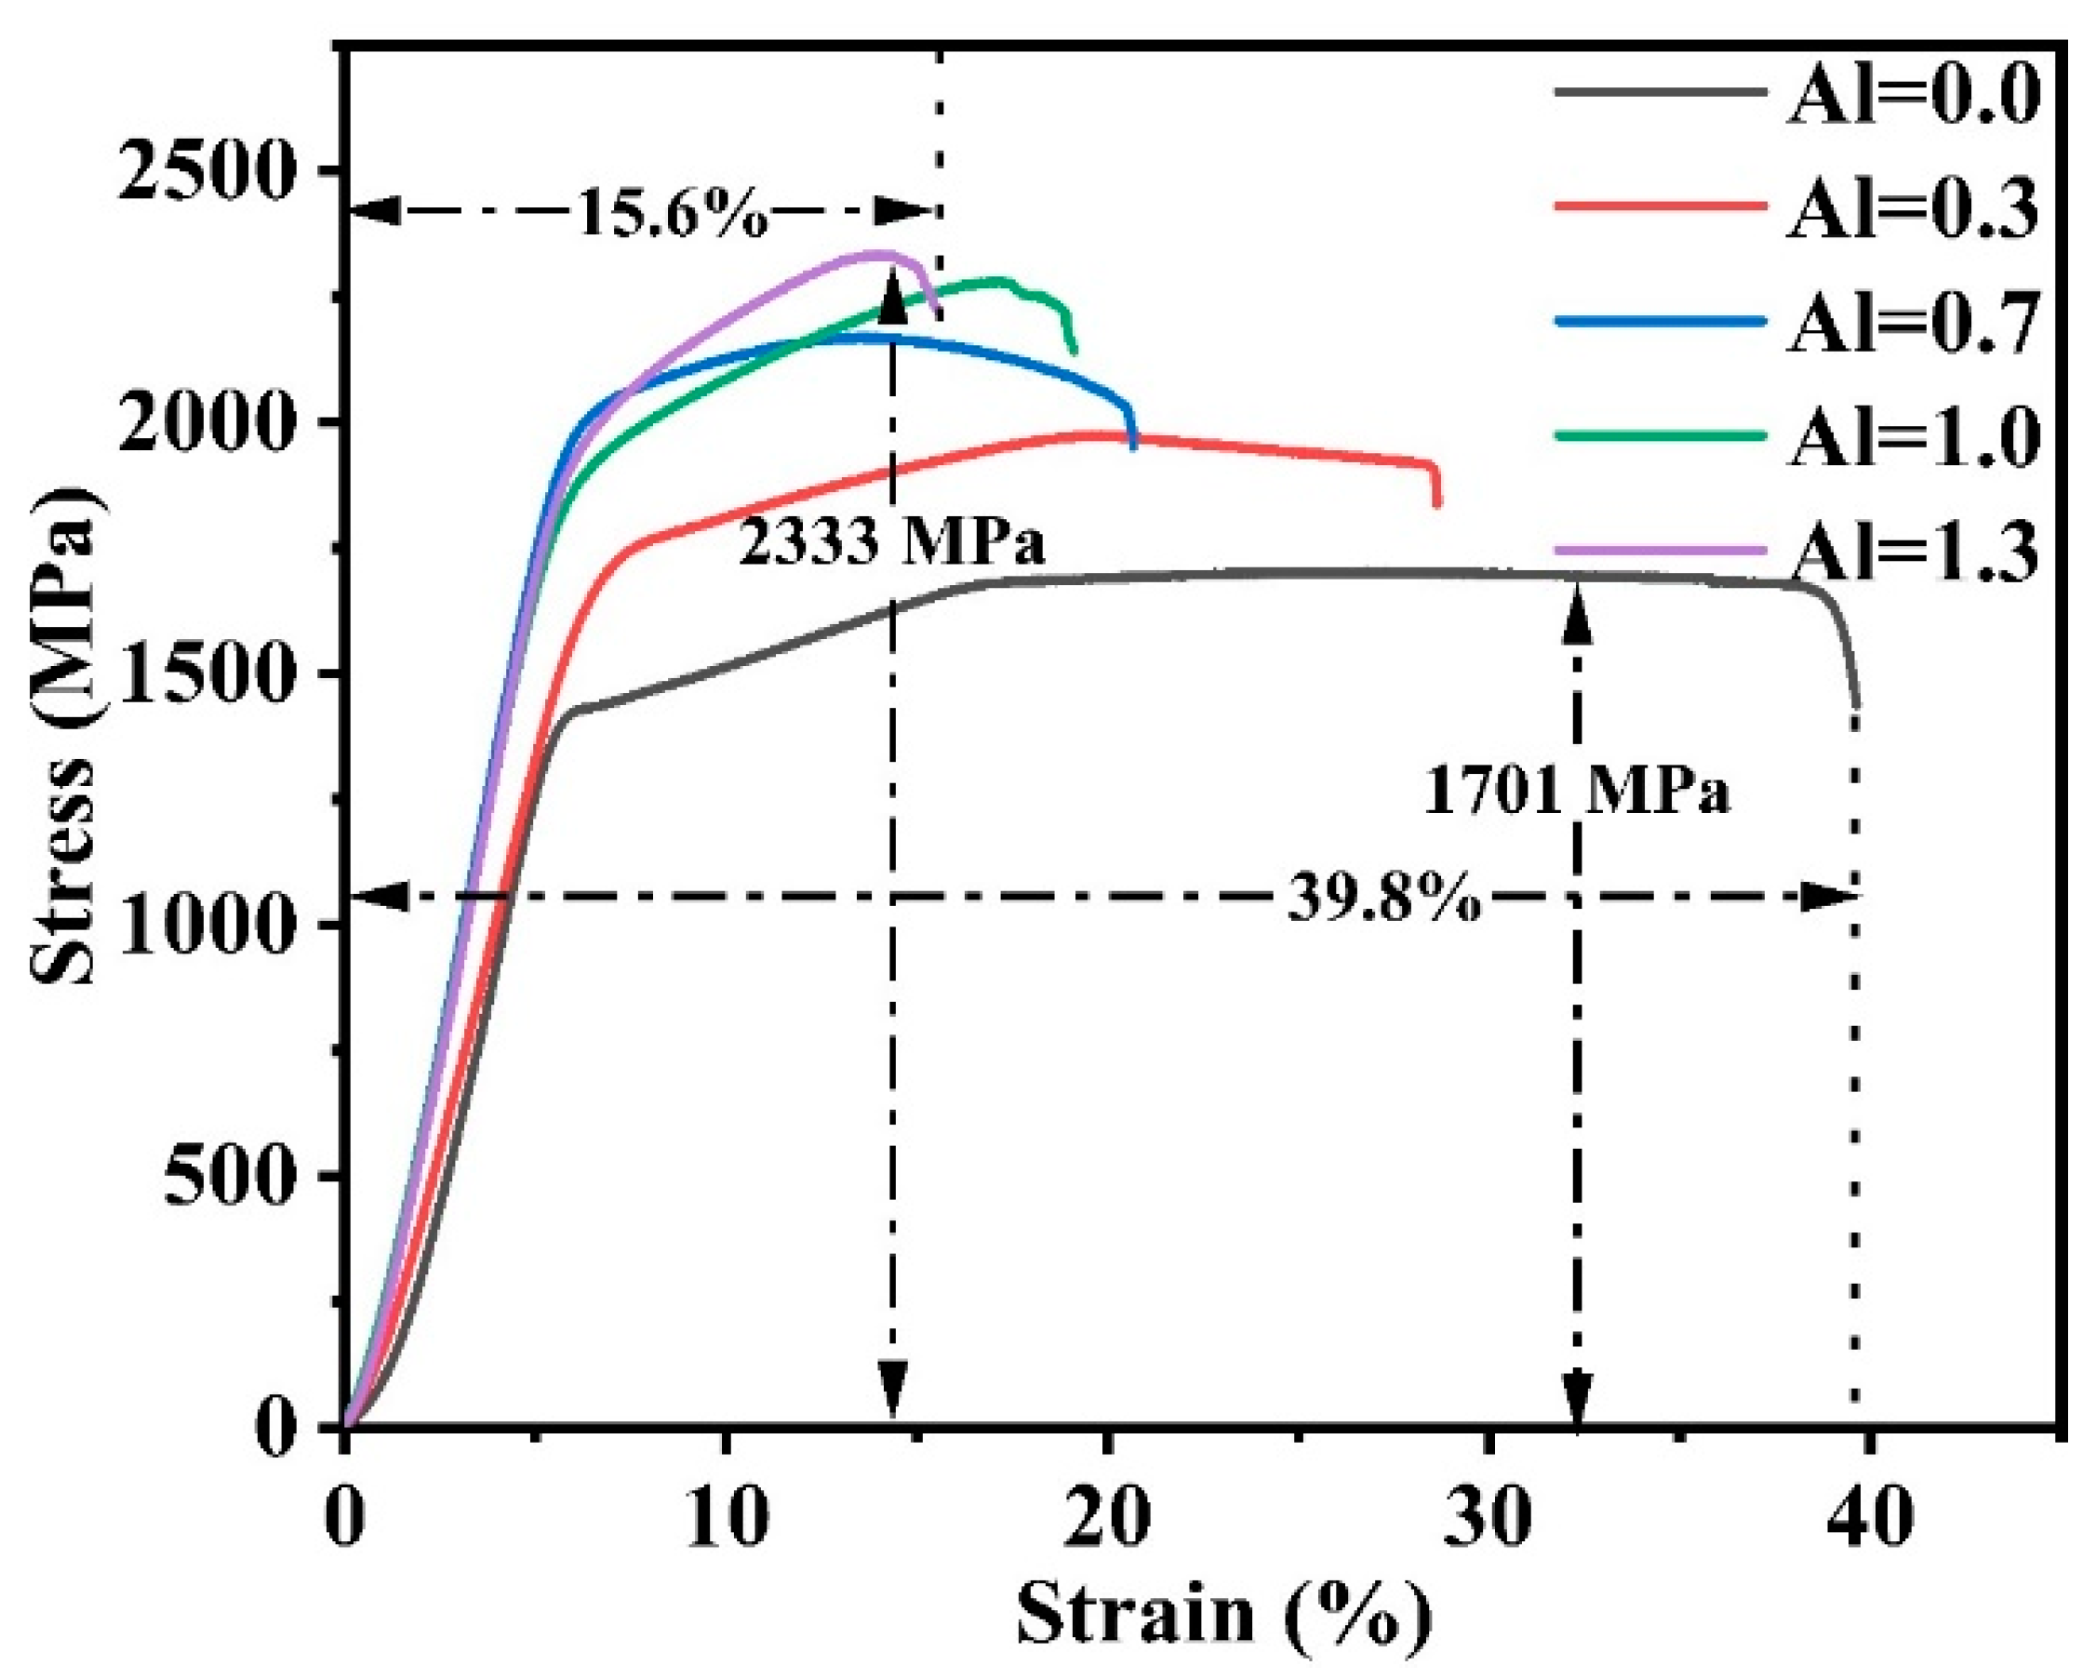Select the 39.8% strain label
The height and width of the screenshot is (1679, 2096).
pos(1384,899)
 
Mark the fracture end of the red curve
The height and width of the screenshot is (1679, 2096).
pos(1436,502)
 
